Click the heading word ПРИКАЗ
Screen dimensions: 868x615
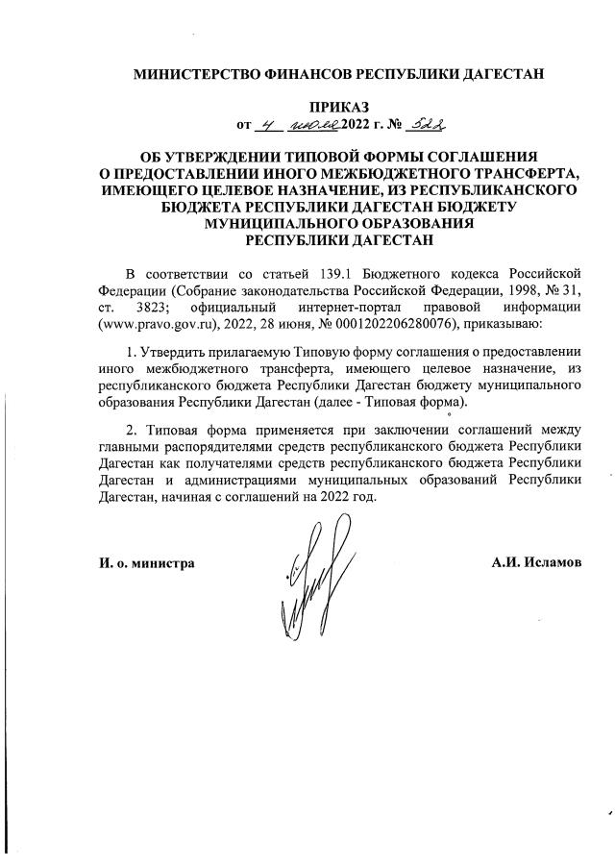pos(336,106)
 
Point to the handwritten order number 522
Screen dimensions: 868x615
pos(428,124)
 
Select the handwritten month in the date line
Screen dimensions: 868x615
pos(318,125)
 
